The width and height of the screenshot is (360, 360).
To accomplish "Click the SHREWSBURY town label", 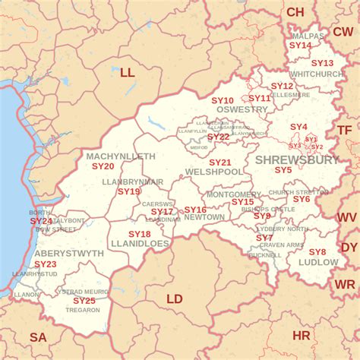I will [x=297, y=159].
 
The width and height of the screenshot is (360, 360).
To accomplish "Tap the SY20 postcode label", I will [x=103, y=166].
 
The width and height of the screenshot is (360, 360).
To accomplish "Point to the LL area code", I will [x=127, y=73].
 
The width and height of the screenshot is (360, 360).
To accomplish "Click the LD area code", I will [x=175, y=298].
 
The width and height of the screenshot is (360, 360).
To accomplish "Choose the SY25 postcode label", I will [x=84, y=301].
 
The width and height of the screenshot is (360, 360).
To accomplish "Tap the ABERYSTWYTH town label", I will [x=69, y=253].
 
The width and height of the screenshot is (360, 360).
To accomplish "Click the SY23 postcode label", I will [x=46, y=264].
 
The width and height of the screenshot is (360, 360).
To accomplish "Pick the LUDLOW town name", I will [x=318, y=262].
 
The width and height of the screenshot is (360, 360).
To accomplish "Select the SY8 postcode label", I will [x=317, y=252].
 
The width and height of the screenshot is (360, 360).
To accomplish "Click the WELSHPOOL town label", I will [x=214, y=172].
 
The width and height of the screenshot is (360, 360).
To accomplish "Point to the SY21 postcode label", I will [x=220, y=163].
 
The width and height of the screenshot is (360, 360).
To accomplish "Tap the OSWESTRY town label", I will [x=242, y=109].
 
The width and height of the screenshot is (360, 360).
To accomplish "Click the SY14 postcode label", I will [x=301, y=46].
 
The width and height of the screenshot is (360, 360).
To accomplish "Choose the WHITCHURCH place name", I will [x=317, y=74].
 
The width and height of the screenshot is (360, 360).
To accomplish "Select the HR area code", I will [x=302, y=335].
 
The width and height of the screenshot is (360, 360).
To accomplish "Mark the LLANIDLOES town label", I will [x=141, y=244].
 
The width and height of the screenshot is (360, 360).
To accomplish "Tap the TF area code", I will [x=345, y=130].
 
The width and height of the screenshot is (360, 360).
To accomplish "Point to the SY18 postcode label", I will [x=139, y=234].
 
